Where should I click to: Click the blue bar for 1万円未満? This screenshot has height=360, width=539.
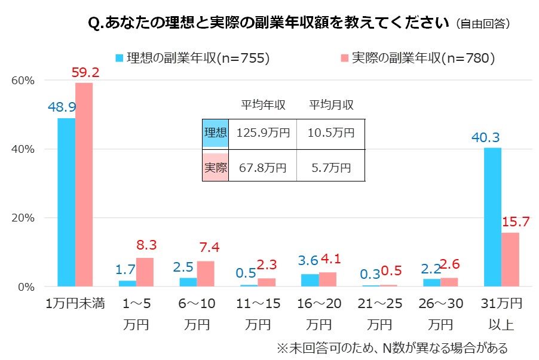click(x=66, y=202)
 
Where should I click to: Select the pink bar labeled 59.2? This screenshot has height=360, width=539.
click(x=84, y=184)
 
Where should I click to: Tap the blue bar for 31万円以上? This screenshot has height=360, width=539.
click(x=492, y=217)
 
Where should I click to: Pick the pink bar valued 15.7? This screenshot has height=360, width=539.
click(x=510, y=259)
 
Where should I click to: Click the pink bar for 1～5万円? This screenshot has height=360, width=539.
click(x=145, y=272)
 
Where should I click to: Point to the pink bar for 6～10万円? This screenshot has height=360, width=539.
click(x=206, y=273)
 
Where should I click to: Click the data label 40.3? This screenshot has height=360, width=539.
click(x=485, y=138)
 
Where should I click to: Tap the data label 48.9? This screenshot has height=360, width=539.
click(x=62, y=107)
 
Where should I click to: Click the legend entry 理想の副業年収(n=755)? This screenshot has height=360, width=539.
click(x=192, y=58)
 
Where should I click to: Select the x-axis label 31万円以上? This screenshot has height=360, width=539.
click(x=501, y=313)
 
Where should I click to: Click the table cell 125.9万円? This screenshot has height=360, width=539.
click(x=262, y=133)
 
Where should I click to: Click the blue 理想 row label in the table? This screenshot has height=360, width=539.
click(x=215, y=133)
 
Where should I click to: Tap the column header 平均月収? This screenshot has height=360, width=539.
click(x=331, y=105)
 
